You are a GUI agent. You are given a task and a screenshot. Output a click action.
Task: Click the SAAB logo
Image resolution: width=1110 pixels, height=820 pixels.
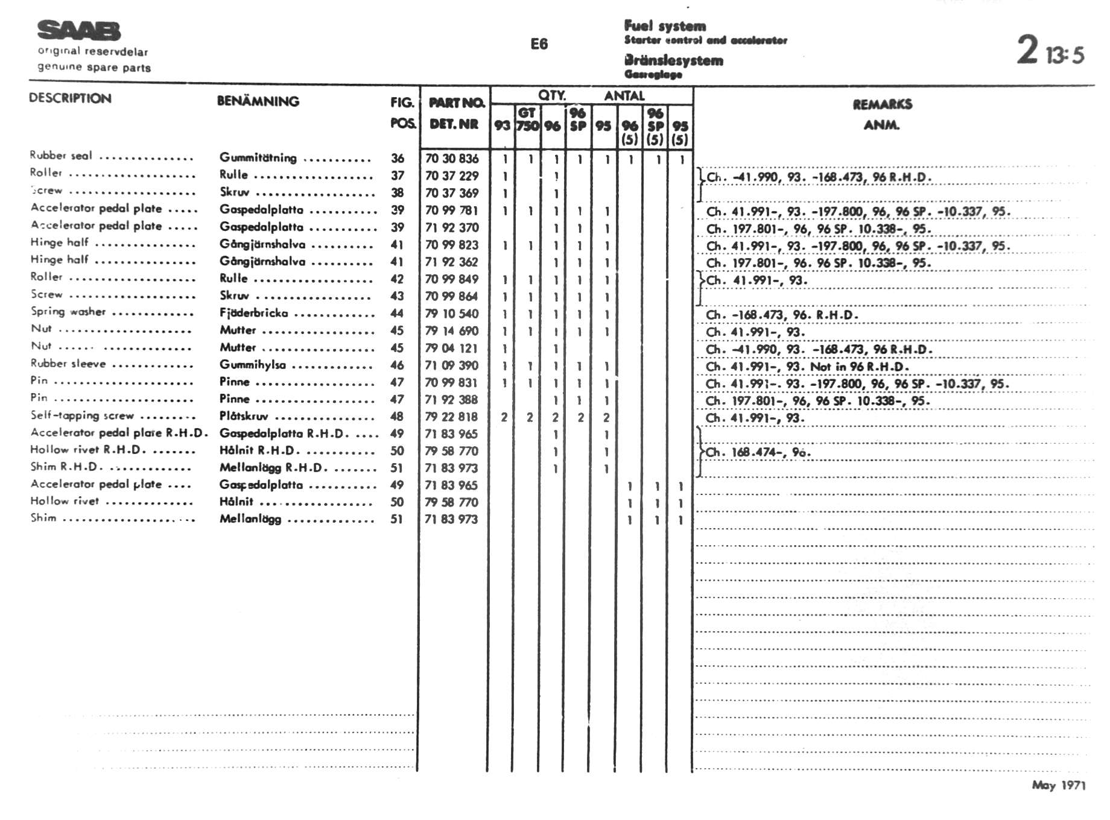click(78, 30)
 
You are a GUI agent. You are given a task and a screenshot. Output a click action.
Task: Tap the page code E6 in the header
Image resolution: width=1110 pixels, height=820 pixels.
click(539, 44)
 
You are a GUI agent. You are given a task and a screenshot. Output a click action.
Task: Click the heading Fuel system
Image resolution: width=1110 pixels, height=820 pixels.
click(665, 26)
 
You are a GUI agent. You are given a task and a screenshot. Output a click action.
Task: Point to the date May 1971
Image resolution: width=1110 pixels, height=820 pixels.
click(1058, 784)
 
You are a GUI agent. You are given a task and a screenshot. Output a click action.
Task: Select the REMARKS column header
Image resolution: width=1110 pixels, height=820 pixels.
click(882, 104)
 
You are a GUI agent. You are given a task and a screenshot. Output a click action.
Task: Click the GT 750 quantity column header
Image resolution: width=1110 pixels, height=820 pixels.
click(527, 119)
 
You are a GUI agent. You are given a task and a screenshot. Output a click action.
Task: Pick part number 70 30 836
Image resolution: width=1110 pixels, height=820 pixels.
click(452, 159)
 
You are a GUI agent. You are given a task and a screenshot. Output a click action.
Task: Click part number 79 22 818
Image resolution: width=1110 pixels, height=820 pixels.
click(451, 417)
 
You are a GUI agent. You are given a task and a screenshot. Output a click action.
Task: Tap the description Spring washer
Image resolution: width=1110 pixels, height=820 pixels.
click(68, 312)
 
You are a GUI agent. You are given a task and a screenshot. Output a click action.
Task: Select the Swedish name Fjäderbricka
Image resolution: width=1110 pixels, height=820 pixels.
click(253, 314)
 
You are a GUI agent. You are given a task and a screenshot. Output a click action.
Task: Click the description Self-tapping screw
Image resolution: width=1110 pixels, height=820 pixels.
click(82, 415)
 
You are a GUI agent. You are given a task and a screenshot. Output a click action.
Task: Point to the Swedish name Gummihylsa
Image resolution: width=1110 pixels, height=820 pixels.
click(253, 365)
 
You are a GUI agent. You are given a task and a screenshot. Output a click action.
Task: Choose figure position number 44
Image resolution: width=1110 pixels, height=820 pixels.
click(397, 314)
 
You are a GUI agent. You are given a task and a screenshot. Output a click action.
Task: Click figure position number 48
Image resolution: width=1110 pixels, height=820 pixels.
click(397, 417)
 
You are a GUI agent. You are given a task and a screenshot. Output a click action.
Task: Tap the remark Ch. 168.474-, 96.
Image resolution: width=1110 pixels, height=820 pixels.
click(758, 452)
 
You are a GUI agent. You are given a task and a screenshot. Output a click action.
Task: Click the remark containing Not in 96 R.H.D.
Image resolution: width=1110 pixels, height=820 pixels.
click(807, 367)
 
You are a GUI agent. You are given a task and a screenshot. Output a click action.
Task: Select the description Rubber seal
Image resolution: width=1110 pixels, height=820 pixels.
click(61, 156)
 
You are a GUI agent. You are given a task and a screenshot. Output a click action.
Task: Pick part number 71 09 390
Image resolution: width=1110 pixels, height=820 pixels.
click(451, 365)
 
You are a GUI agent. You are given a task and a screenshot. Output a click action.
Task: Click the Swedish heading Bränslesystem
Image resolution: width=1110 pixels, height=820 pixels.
click(673, 60)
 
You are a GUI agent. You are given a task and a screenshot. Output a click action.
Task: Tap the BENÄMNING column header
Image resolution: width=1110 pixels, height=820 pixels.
click(258, 101)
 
